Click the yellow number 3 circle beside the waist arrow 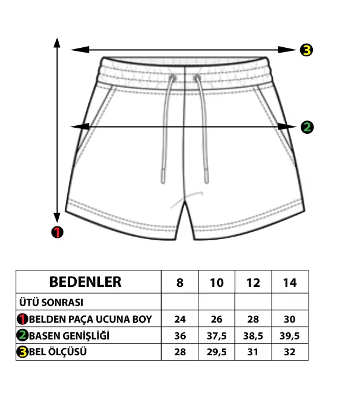[306, 50]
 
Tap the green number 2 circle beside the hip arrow [307, 127]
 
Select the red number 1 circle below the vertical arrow [57, 232]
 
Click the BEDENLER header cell [85, 281]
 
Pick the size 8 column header [180, 283]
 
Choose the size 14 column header [290, 283]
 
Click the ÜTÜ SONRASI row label [51, 302]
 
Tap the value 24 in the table [180, 319]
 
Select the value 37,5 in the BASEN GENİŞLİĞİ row [217, 336]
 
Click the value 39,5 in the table [290, 336]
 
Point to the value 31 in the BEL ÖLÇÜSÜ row [253, 352]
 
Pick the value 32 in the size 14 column [290, 352]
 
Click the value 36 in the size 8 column [180, 336]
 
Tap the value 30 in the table [290, 319]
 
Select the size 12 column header [254, 283]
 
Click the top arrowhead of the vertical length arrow [57, 38]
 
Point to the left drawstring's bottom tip [163, 183]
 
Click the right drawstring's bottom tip [206, 183]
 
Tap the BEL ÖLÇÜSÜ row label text [57, 352]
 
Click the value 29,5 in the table [217, 352]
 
